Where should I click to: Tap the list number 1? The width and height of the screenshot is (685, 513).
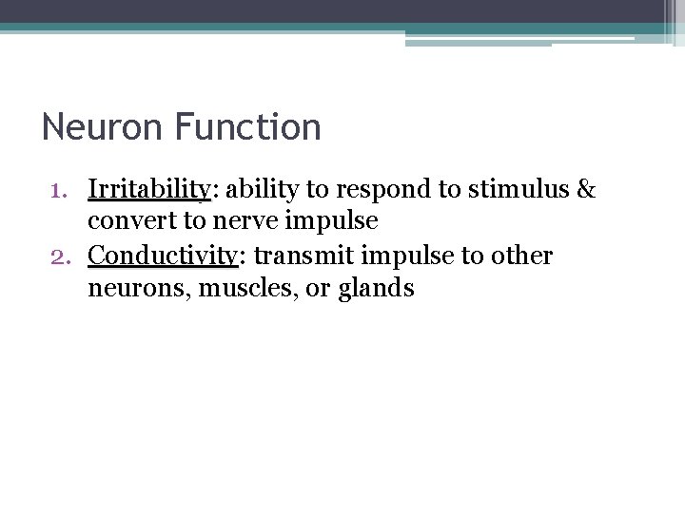click(x=60, y=189)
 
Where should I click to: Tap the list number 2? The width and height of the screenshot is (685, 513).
click(x=59, y=256)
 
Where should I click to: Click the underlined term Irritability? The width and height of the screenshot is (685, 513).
click(x=148, y=189)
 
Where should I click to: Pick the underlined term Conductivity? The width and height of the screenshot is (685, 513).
click(x=163, y=256)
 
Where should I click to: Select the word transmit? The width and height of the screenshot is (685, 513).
click(x=296, y=256)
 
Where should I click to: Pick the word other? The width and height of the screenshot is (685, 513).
click(x=522, y=256)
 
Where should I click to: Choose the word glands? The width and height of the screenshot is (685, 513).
click(x=375, y=289)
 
